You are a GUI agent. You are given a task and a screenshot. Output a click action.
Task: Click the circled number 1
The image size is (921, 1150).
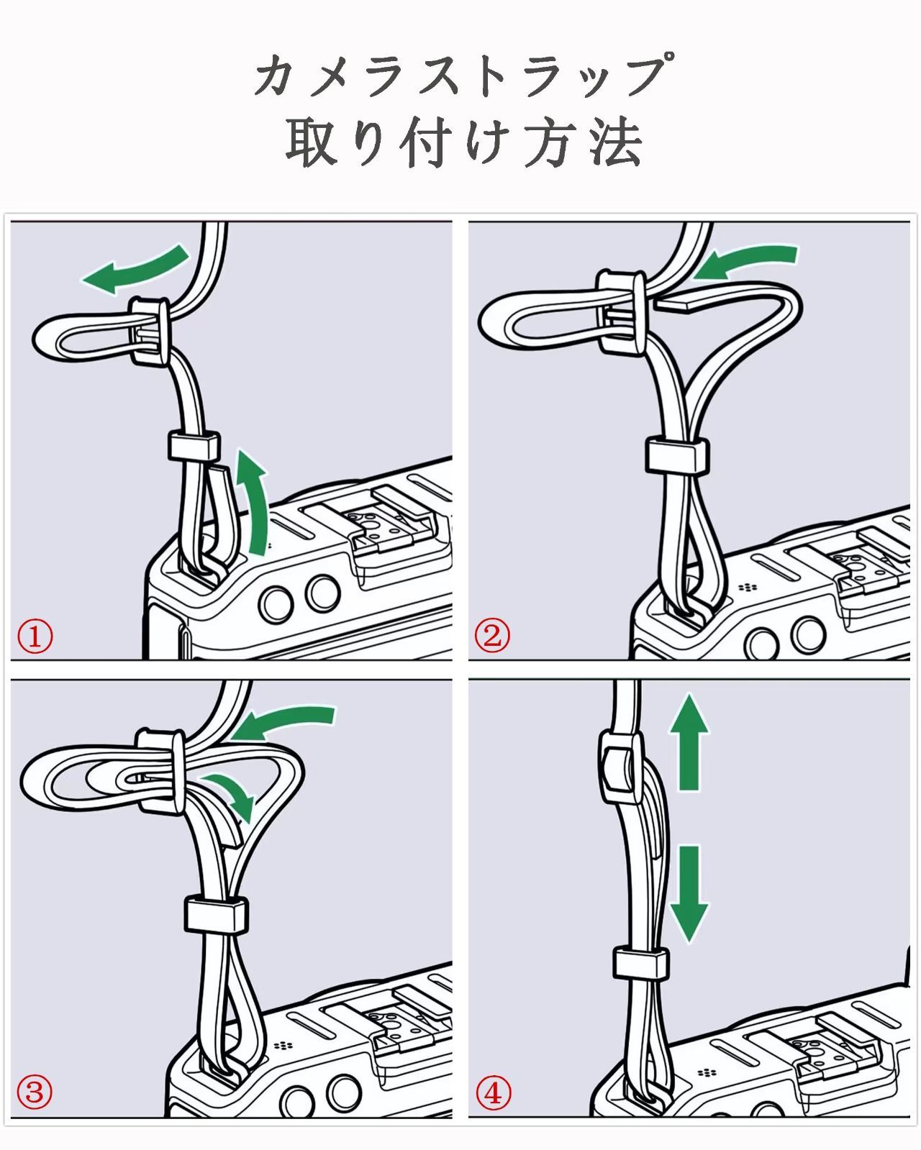pos(35,636)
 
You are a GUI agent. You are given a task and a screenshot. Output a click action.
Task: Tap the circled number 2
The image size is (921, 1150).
pos(492,635)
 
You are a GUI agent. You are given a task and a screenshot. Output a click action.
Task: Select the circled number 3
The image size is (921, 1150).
pos(35,1092)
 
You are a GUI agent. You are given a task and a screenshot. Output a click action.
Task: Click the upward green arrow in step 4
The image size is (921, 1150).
pos(689,743)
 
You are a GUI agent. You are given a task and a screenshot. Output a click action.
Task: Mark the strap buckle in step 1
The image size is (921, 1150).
pos(150,332)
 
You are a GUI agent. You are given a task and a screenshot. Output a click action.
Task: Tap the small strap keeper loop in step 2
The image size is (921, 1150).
pos(677,455)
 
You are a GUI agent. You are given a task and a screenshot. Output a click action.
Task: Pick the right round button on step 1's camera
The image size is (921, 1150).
pos(322,593)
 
